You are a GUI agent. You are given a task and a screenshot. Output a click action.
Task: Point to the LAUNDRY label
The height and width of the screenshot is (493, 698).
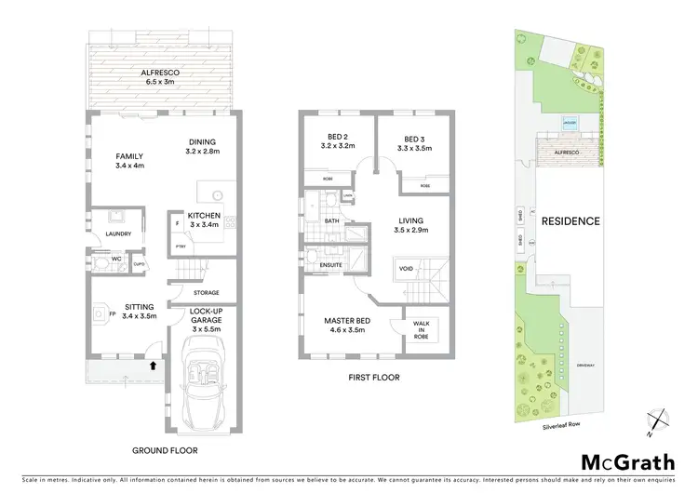click(x=118, y=234)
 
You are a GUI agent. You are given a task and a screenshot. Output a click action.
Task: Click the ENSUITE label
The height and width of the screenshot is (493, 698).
click(x=330, y=265)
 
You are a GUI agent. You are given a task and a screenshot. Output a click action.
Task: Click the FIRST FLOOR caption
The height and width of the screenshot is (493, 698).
click(x=372, y=378)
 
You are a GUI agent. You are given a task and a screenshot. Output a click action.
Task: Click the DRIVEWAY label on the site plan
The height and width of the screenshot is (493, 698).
click(x=585, y=365)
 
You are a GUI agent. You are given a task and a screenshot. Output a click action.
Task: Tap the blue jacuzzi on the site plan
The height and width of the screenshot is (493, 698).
click(x=569, y=123)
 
